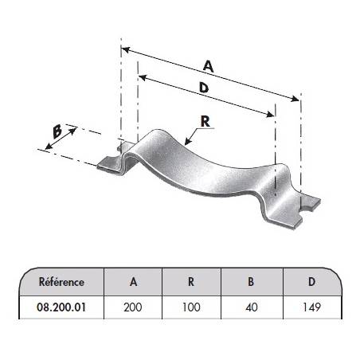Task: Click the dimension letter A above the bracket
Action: [x=209, y=66]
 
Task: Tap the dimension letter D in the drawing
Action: [x=204, y=87]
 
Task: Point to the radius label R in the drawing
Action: [x=205, y=122]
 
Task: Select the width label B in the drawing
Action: [x=57, y=131]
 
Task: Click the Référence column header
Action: [x=61, y=282]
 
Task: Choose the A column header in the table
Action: [x=133, y=282]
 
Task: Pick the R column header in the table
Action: [x=191, y=282]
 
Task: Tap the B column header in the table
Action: [x=251, y=282]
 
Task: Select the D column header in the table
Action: [x=311, y=282]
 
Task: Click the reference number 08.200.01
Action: [x=61, y=307]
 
